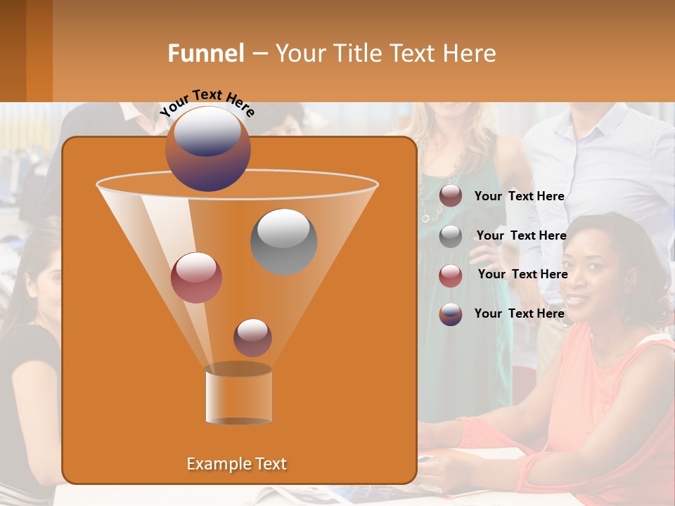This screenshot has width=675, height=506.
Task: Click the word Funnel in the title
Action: pos(205,53)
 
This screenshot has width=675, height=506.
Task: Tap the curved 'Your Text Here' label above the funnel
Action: pos(207,102)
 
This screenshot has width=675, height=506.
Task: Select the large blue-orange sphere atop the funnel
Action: pos(208,148)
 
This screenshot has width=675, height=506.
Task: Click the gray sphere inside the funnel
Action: pos(283,241)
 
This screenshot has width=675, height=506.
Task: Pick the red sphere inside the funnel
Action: pos(196,277)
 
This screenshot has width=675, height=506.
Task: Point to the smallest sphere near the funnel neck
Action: pos(252,337)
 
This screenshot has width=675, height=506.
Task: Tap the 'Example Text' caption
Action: pos(236,464)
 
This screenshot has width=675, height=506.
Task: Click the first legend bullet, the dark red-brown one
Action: pos(451,196)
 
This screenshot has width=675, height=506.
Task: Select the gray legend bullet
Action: pos(451,236)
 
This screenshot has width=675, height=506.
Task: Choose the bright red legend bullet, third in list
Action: pos(451,275)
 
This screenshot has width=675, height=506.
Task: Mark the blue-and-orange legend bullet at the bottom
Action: pos(451,314)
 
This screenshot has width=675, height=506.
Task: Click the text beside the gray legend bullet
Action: pos(521,235)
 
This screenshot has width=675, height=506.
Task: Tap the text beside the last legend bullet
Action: pos(519,313)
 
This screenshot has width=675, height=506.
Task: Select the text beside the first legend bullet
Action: pos(519,196)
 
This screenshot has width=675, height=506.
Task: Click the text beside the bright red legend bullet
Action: pos(522,274)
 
